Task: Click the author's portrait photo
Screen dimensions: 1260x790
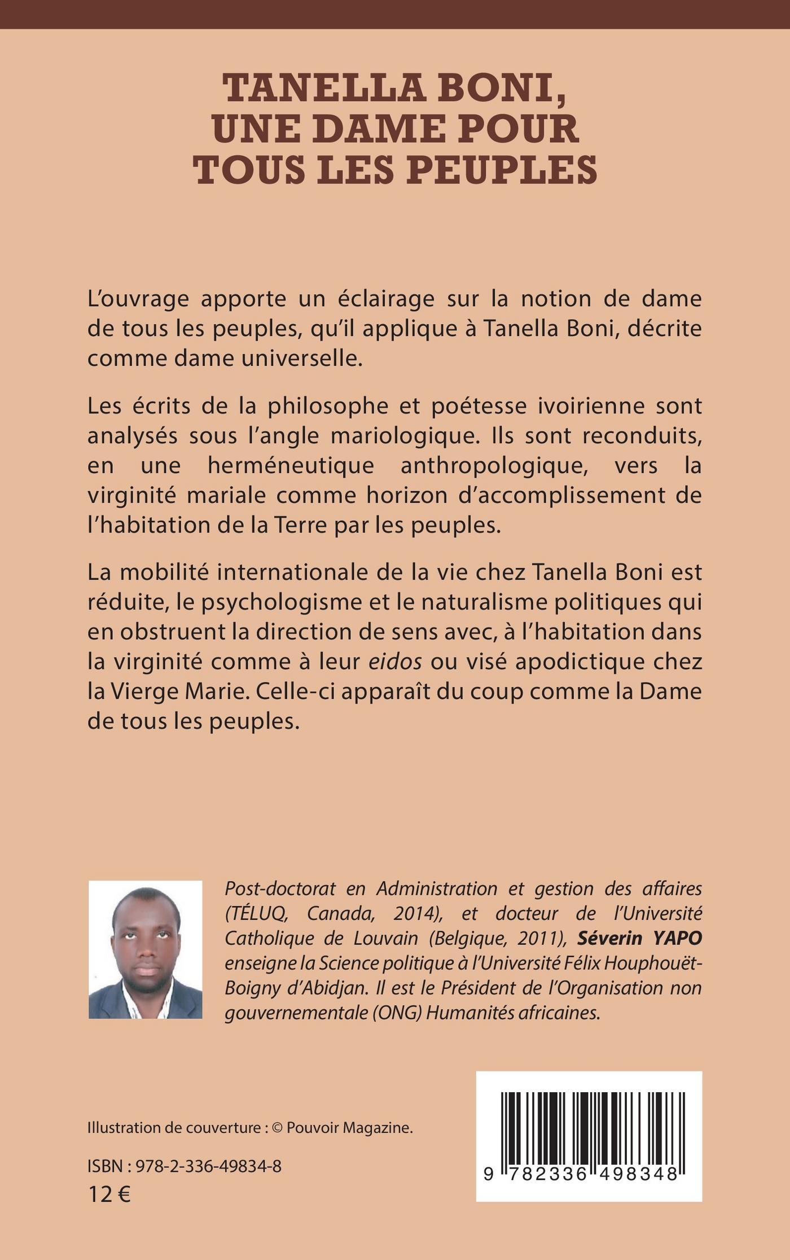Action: point(146,949)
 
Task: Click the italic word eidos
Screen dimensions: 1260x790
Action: point(395,661)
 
